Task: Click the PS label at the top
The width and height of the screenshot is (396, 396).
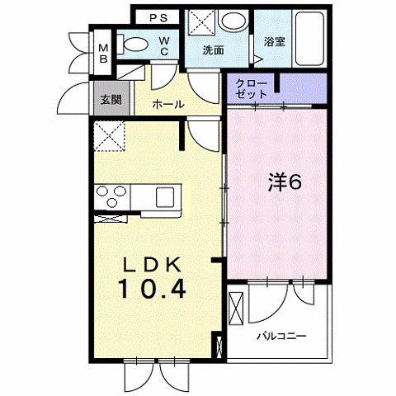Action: click(159, 16)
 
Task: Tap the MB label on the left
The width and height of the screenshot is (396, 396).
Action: click(104, 52)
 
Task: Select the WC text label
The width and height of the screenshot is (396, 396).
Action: click(165, 44)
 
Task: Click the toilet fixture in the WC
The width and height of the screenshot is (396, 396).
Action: click(134, 45)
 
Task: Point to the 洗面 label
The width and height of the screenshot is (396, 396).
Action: click(214, 49)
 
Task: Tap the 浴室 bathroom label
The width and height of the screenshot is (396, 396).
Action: click(274, 41)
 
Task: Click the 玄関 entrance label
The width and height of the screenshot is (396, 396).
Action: click(111, 100)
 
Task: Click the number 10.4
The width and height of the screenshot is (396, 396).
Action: click(151, 290)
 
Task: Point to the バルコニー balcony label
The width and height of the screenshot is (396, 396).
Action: click(280, 337)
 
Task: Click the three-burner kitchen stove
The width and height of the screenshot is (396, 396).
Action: click(111, 197)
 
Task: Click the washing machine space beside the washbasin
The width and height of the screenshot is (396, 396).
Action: click(199, 22)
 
